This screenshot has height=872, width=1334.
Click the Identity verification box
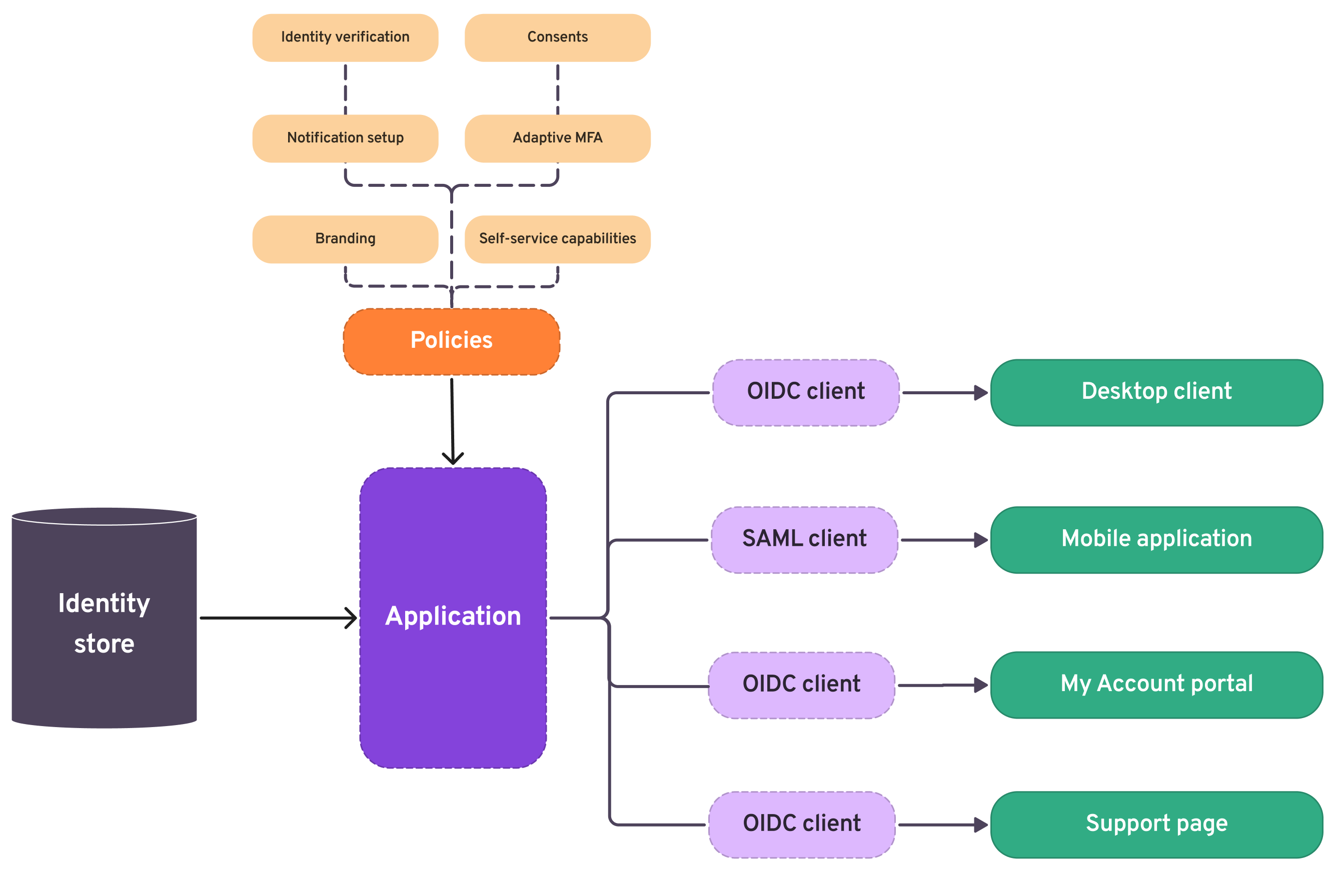345,37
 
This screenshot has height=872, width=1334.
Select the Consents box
557,37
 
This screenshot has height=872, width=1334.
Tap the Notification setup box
345,138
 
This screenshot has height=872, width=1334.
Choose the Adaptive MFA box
557,138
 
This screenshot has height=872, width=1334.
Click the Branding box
345,239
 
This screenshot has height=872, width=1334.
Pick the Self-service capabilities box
557,239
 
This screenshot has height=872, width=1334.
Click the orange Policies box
451,341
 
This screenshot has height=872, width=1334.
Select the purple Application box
453,617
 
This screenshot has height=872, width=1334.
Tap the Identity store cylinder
104,622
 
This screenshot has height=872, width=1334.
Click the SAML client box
804,539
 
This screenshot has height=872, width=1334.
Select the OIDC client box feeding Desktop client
805,392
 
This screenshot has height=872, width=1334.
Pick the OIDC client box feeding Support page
801,825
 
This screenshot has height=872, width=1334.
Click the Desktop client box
1156,392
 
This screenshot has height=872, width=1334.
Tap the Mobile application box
1156,539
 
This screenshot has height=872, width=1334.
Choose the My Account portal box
1156,685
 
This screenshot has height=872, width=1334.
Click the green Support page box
1156,825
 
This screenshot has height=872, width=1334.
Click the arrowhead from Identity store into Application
352,618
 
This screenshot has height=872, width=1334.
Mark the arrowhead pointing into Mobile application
981,540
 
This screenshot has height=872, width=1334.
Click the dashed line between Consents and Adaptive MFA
558,88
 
